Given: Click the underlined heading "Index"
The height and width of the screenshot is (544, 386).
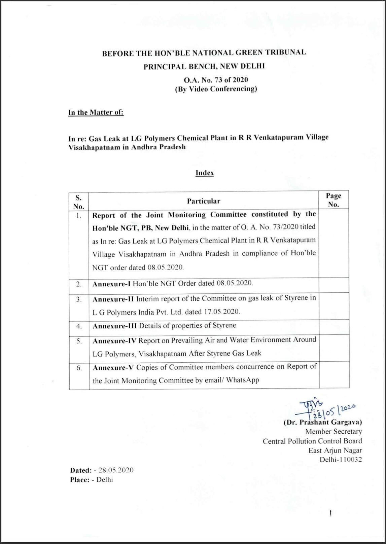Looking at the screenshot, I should [x=205, y=173].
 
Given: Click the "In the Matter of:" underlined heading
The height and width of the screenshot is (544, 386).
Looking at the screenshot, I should [x=96, y=112].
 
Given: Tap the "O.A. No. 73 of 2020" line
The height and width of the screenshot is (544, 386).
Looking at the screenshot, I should [x=216, y=80].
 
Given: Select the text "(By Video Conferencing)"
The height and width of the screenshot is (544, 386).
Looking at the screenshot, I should [x=216, y=89].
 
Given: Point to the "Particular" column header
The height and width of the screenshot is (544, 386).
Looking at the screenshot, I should [x=204, y=201].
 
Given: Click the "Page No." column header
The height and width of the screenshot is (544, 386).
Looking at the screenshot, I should [x=334, y=200].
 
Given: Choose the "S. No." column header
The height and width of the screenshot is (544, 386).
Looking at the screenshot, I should [x=79, y=202].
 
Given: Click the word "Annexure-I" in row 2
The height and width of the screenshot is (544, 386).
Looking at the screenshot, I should [x=111, y=284].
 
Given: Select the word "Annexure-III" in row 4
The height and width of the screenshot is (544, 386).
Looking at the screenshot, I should [x=115, y=326].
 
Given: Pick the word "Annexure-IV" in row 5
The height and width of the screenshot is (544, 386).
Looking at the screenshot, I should [x=114, y=341].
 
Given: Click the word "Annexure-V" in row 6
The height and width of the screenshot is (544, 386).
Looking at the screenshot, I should [x=113, y=368].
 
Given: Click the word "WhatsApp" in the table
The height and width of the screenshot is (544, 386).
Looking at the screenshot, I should [x=242, y=380].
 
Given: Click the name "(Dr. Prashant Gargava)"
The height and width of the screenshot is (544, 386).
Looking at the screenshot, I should [x=323, y=422].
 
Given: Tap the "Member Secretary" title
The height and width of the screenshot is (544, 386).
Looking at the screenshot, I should [x=334, y=432].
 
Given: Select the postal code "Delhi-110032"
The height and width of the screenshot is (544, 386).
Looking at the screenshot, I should [x=341, y=460].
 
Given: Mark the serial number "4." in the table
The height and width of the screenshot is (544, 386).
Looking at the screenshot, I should [x=79, y=326].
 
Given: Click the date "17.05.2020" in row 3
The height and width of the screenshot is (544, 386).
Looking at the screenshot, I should [x=222, y=312].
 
